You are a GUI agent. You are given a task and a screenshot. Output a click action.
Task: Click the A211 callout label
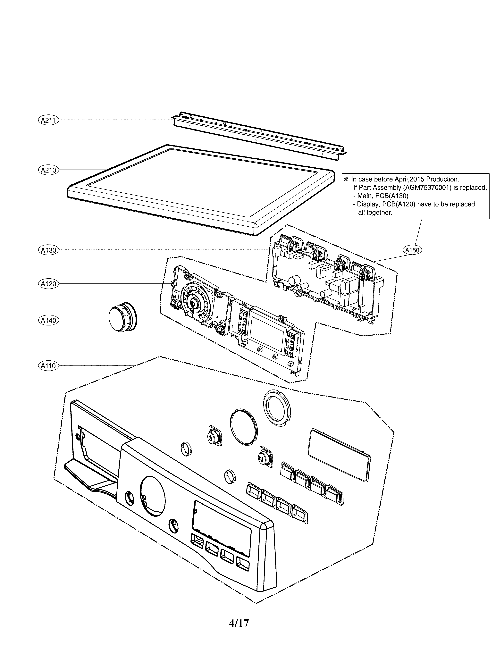48,120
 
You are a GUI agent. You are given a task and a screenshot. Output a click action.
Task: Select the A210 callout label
48,170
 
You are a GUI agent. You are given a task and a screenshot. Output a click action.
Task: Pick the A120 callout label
48,284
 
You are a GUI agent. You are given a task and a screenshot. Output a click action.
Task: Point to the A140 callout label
48,320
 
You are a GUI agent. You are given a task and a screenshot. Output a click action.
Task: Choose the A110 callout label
48,366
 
